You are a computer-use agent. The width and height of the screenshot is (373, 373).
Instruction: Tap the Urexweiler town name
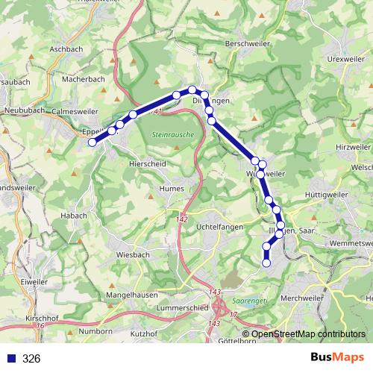345,58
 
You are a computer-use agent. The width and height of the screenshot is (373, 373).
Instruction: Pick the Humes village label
172,189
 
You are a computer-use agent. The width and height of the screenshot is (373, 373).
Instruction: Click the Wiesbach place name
134,254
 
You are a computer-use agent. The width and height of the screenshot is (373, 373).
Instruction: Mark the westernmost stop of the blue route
93,142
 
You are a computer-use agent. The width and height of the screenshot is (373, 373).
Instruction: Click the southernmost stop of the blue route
266,262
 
